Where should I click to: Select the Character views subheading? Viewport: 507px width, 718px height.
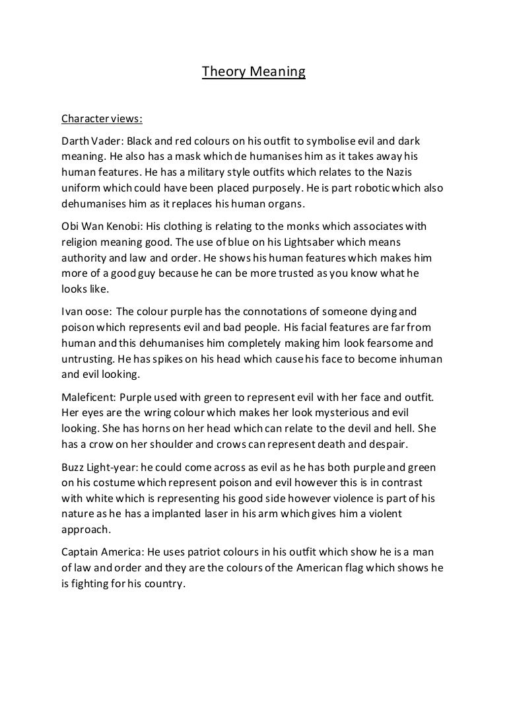[x=101, y=120]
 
